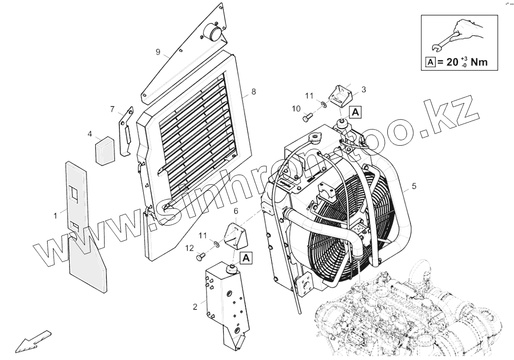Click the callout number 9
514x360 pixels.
coord(158,51)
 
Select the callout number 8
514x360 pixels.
coord(253,91)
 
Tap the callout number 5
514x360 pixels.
coord(414,186)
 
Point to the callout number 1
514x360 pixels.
coord(55,214)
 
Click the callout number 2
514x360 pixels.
coord(195,307)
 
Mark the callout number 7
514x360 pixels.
coord(112,108)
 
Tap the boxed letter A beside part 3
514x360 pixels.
coord(356,111)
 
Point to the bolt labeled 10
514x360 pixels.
coord(308,118)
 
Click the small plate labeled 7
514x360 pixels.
coord(126,130)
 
